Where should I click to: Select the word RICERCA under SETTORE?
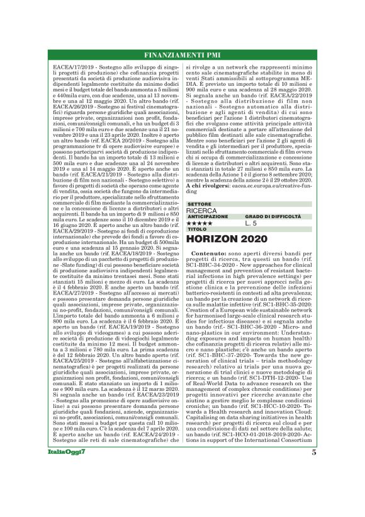[x=201, y=211]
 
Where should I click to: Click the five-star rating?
[x=201, y=223]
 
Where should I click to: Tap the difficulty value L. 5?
[x=251, y=223]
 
